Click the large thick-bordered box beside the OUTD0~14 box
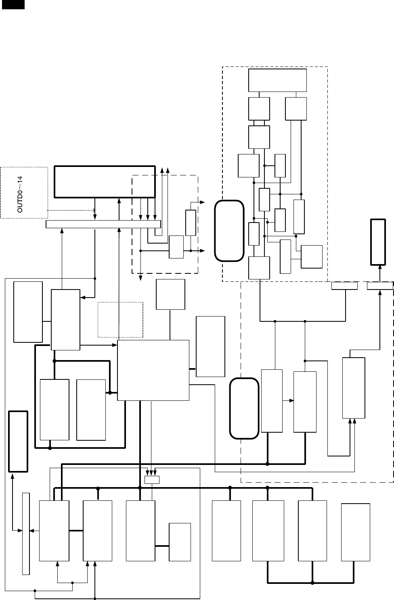pyautogui.click(x=105, y=181)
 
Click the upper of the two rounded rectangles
pyautogui.click(x=229, y=230)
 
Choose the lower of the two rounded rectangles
pyautogui.click(x=244, y=408)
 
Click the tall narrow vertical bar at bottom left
pyautogui.click(x=26, y=533)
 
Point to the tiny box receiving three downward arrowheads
pyautogui.click(x=152, y=479)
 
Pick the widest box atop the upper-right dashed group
pyautogui.click(x=277, y=80)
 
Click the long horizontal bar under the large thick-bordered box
pyautogui.click(x=103, y=224)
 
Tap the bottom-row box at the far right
pyautogui.click(x=356, y=532)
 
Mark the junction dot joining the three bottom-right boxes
pyautogui.click(x=312, y=583)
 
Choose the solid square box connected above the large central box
pyautogui.click(x=170, y=294)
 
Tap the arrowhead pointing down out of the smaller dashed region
pyautogui.click(x=140, y=278)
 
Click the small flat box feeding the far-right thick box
pyautogui.click(x=379, y=286)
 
